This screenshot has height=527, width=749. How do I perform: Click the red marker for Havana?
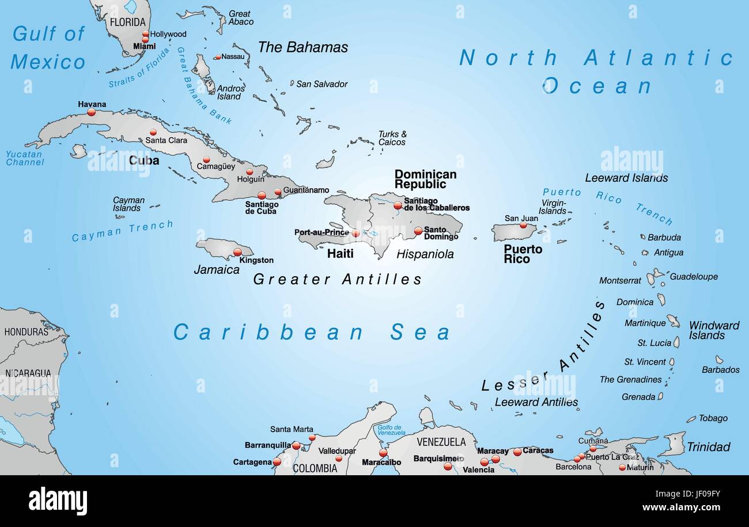point(91,113)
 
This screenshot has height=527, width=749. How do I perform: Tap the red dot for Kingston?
point(237,252)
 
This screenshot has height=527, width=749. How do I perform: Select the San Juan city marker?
point(523,225)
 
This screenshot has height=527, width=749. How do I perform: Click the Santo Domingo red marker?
point(418,231)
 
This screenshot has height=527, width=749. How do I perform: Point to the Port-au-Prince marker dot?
point(355,234)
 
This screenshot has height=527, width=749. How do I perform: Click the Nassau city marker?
point(217,57)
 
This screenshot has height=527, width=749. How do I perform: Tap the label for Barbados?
point(720,370)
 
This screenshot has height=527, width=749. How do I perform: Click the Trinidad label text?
point(708,447)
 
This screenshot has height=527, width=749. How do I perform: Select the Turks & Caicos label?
point(392,138)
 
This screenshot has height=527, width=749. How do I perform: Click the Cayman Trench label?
point(122,231)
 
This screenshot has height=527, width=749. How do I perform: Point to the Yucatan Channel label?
point(25,158)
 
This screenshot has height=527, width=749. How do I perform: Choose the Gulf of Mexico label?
point(48,48)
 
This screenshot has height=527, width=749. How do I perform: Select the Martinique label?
point(645,323)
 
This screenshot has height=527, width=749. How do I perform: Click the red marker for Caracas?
point(517,452)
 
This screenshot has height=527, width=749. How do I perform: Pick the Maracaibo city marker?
point(383,453)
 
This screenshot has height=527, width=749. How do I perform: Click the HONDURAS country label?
point(26,332)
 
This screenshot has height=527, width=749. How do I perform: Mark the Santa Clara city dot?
point(153,132)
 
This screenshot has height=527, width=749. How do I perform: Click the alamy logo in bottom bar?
point(58,501)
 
